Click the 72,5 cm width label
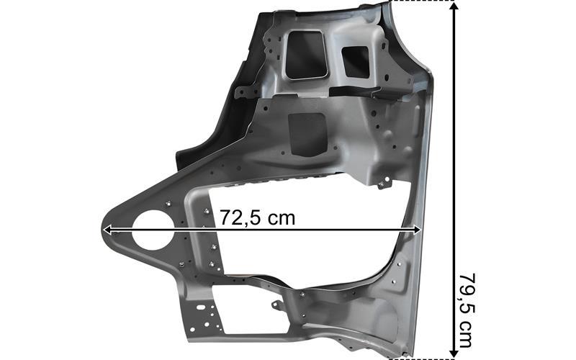pyautogui.click(x=257, y=218)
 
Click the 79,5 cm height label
pyautogui.click(x=467, y=310)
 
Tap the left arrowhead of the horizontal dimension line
pyautogui.click(x=107, y=230)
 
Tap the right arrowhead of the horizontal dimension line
pyautogui.click(x=417, y=230)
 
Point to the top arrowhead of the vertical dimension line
pyautogui.click(x=455, y=6)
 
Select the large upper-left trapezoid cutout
pyautogui.click(x=306, y=55)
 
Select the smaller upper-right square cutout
pyautogui.click(x=356, y=62)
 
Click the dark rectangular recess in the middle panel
pyautogui.click(x=308, y=134)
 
